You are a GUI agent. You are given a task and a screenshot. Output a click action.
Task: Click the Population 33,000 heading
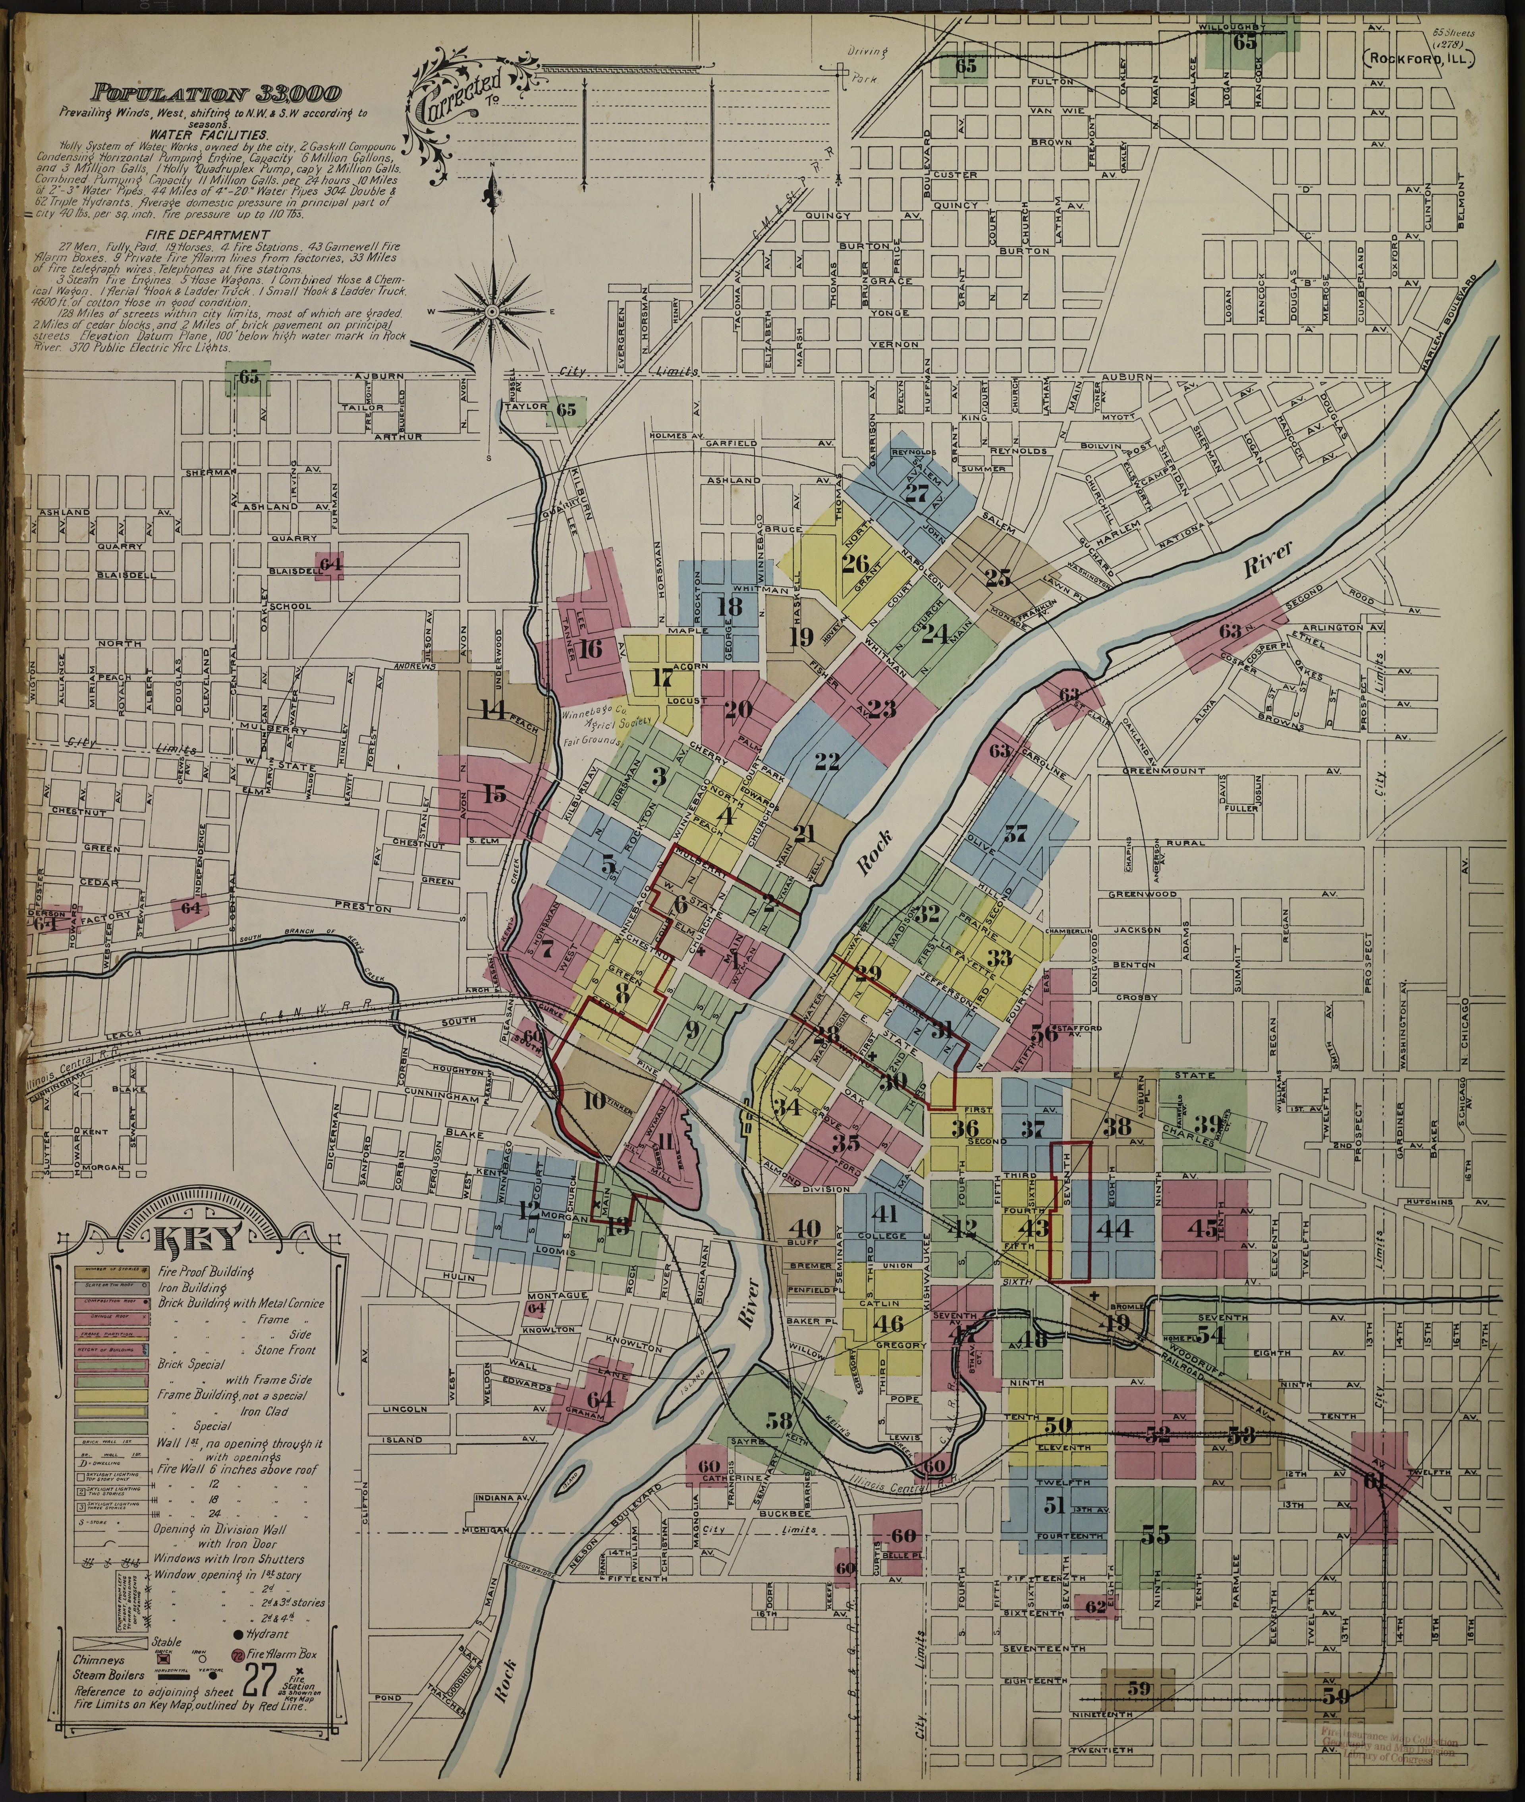(x=218, y=93)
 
